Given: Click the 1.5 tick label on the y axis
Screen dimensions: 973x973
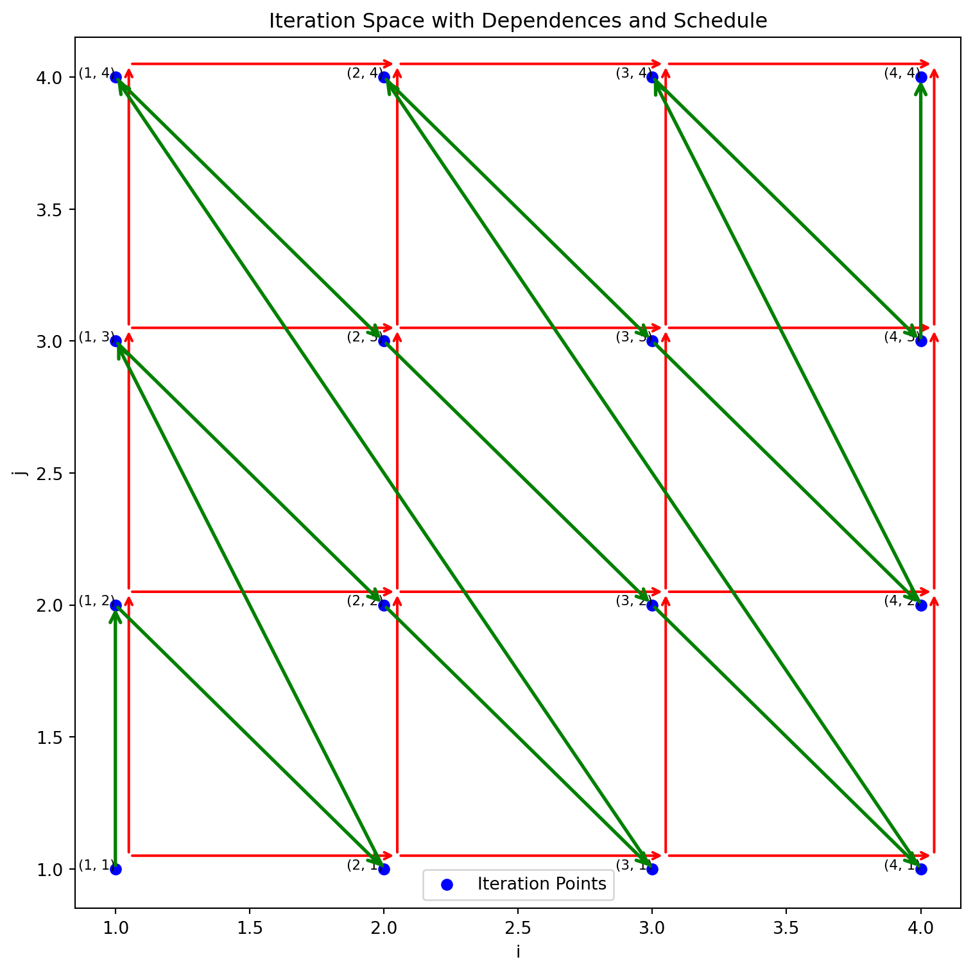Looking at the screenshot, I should click(51, 737).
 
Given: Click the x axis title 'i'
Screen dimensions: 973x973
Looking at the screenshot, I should click(518, 951).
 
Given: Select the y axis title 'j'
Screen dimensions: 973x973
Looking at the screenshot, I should click(22, 473).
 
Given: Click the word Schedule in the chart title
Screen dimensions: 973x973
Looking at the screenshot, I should click(728, 21).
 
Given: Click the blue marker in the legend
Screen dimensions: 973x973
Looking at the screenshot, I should click(447, 884).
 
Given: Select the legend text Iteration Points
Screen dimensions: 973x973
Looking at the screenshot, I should click(542, 884).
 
